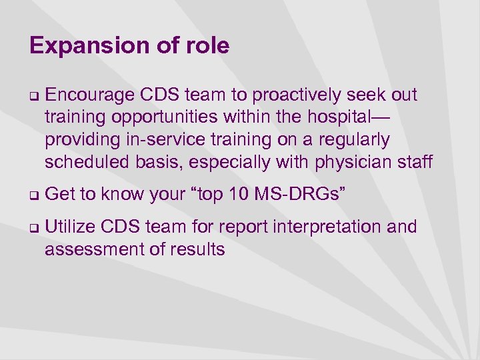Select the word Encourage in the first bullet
89,95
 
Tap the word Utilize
72,227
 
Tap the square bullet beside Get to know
33,195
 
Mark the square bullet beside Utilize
33,227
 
